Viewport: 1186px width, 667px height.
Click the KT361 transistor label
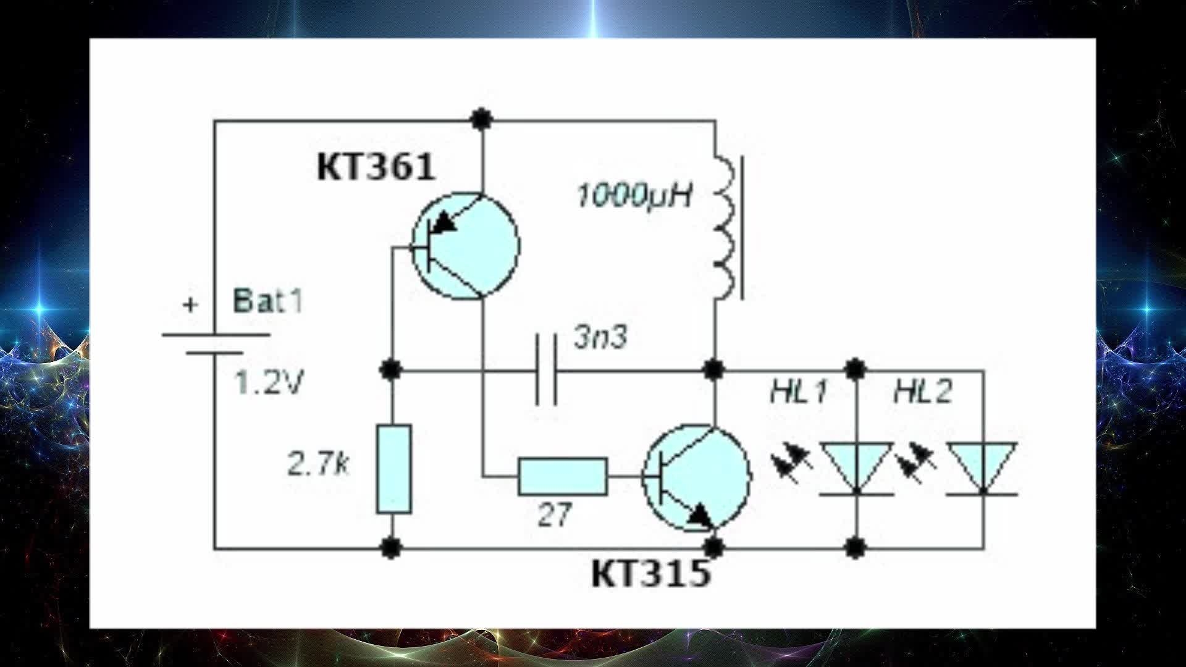pyautogui.click(x=376, y=167)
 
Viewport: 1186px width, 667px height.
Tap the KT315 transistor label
pyautogui.click(x=651, y=574)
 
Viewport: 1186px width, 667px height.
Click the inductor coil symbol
pyautogui.click(x=724, y=229)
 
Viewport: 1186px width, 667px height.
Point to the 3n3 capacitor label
pyautogui.click(x=600, y=337)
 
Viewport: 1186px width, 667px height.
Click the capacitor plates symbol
pyautogui.click(x=546, y=371)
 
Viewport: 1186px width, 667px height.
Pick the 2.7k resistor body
pyautogui.click(x=394, y=469)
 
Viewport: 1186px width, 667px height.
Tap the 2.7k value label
pyautogui.click(x=318, y=463)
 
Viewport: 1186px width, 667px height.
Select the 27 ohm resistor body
pyautogui.click(x=562, y=477)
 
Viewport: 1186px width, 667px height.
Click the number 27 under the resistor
pyautogui.click(x=554, y=514)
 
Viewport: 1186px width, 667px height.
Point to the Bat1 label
pyautogui.click(x=267, y=302)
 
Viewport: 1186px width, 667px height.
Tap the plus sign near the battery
pyautogui.click(x=191, y=304)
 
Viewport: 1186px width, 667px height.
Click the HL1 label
pyautogui.click(x=799, y=392)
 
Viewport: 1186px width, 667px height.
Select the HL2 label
pyautogui.click(x=923, y=392)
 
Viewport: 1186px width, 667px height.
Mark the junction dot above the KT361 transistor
pyautogui.click(x=481, y=118)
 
